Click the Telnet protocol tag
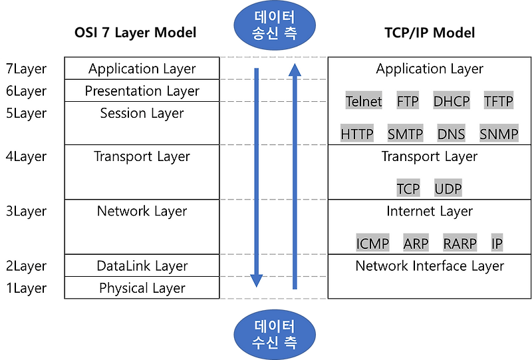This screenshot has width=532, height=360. (364, 102)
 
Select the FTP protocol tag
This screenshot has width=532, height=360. (408, 102)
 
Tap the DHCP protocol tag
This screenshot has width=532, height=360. (452, 102)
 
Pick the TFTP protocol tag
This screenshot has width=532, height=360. (499, 102)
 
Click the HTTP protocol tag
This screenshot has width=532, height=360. (357, 134)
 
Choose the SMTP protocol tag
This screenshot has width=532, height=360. (405, 134)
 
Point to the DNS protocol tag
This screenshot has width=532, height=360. (452, 134)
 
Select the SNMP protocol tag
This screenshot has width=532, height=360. (499, 134)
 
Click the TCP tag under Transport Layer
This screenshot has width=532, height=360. (408, 188)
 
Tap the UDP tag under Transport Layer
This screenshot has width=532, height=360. (448, 188)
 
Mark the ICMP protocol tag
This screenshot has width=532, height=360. (372, 244)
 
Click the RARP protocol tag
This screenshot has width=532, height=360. (460, 244)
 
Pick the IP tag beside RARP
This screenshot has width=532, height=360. (497, 244)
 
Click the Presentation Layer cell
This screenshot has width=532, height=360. (142, 91)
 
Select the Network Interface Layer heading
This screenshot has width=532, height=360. (430, 266)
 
